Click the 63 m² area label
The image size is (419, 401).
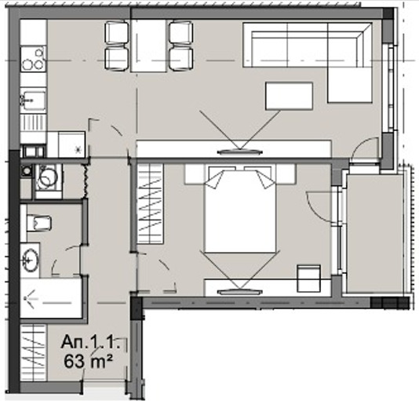pos(88,362)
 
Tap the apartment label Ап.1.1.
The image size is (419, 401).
pos(90,342)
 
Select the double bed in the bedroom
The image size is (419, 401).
pos(240,209)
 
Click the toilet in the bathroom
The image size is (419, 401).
pos(39,223)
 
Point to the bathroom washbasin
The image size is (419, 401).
pos(30,260)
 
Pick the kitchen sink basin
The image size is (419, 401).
pos(34,100)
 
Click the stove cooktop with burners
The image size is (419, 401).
pos(34,59)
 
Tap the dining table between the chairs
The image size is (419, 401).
pos(148,46)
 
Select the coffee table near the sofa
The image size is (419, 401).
pos(289,96)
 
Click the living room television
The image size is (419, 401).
pos(239,152)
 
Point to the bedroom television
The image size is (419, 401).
pos(239,292)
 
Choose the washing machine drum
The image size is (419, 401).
pos(49,177)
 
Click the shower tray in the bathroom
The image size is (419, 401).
pos(51,298)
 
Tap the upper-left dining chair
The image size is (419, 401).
pos(116,33)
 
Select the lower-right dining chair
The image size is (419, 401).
pos(181,59)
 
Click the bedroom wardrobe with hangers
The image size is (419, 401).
pos(150,204)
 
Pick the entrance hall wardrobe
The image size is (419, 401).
pos(34,352)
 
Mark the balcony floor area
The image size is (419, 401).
pos(375,233)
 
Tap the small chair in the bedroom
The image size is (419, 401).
pos(309,279)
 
